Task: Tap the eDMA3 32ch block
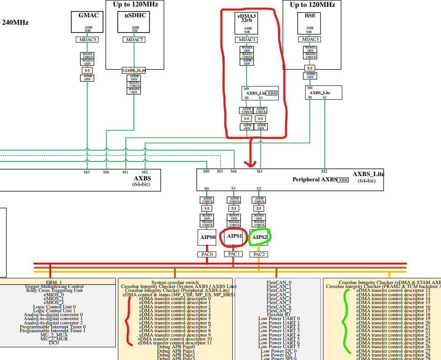coord(247,23)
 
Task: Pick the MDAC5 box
coord(88,39)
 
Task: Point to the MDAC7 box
coord(134,39)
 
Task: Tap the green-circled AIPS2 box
coord(259,237)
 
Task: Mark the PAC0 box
coord(207,254)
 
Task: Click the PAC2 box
coord(259,254)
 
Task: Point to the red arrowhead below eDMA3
coord(250,164)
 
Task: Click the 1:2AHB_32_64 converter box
coord(134,70)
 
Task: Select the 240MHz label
coord(16,23)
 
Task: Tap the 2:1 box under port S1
coord(234,208)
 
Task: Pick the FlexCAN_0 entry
coord(279,282)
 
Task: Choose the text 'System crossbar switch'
coord(174,282)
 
